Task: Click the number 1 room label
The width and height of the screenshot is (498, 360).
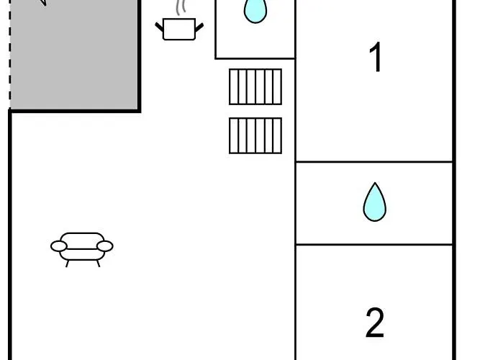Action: click(376, 57)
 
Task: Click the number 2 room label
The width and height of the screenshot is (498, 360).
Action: click(375, 322)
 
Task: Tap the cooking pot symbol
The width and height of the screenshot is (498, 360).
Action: click(179, 29)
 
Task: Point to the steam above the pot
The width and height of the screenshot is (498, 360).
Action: click(181, 7)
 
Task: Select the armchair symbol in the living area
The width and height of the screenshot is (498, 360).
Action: click(82, 250)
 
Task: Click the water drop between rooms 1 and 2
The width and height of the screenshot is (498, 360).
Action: click(375, 202)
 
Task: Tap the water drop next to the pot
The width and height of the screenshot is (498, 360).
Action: click(255, 11)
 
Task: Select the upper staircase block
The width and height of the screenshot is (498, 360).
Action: click(255, 86)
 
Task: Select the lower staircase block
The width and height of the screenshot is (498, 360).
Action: click(255, 135)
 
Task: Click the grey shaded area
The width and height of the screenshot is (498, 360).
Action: click(75, 54)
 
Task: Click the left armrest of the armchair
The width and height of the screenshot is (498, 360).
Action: click(59, 246)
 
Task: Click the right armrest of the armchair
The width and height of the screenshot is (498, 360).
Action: click(105, 246)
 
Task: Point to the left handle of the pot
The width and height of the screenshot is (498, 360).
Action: click(159, 27)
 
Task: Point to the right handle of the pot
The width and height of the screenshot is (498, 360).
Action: click(199, 27)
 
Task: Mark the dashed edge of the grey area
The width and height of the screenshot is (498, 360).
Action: click(10, 54)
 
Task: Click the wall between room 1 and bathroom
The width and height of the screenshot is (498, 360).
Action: click(374, 162)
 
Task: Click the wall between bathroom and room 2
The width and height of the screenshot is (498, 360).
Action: click(374, 244)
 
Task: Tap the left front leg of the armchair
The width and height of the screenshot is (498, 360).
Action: click(67, 264)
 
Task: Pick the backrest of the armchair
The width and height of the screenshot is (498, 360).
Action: click(82, 240)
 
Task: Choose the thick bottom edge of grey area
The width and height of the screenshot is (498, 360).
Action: click(75, 111)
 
